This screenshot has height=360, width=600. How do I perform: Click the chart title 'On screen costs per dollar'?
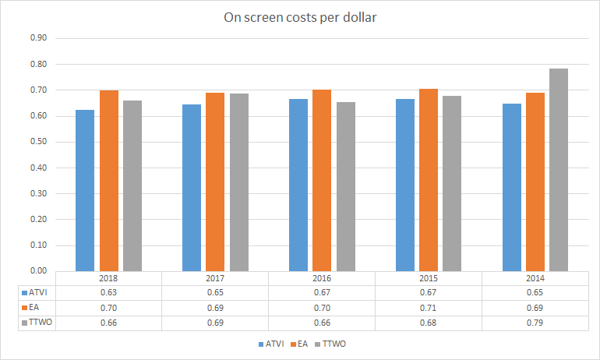pyautogui.click(x=300, y=17)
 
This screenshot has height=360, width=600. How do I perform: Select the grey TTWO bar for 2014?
pyautogui.click(x=559, y=170)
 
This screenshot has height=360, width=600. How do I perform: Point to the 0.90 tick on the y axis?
pyautogui.click(x=38, y=38)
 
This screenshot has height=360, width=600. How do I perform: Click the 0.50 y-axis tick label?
pyautogui.click(x=38, y=142)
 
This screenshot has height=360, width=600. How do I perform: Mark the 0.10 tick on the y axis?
pyautogui.click(x=38, y=245)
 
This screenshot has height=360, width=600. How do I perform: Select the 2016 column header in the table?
pyautogui.click(x=322, y=278)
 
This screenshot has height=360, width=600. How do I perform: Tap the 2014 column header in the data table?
pyautogui.click(x=535, y=278)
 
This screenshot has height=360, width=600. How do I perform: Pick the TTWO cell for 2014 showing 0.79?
pyautogui.click(x=535, y=322)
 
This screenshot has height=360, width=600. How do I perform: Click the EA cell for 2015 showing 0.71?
pyautogui.click(x=429, y=308)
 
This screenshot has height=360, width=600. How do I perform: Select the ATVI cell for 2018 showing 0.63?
pyautogui.click(x=108, y=293)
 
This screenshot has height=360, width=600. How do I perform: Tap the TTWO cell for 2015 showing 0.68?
pyautogui.click(x=429, y=322)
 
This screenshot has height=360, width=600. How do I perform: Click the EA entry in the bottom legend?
pyautogui.click(x=297, y=343)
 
